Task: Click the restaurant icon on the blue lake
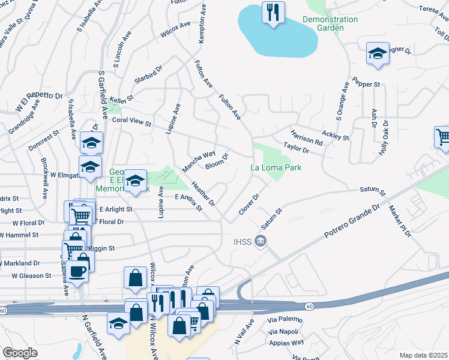coord(273,12)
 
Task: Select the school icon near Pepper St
coord(377,55)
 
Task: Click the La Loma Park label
coord(276,169)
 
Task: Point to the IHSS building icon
coord(261,241)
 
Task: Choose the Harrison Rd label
coord(306,138)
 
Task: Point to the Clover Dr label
coord(249,204)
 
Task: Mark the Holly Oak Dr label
coord(384,138)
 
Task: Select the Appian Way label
coord(286,343)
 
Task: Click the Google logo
coord(20,353)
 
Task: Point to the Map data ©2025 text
coord(423,355)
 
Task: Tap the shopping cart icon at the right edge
coord(443,137)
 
